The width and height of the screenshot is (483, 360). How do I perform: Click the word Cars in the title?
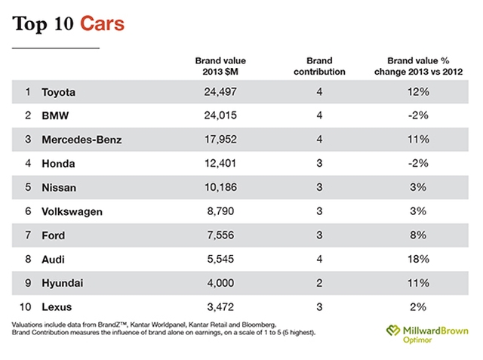tap(98, 25)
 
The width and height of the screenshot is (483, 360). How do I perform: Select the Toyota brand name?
tap(60, 92)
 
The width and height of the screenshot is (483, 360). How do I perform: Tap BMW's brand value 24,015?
tap(220, 116)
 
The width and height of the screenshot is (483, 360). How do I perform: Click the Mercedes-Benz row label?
tap(82, 140)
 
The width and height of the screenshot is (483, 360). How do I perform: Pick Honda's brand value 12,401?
tap(220, 164)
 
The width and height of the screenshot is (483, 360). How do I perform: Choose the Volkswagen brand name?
tap(72, 212)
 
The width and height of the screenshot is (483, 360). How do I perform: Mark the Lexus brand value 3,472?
tap(220, 307)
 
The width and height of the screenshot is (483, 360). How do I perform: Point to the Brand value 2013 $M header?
tap(220, 66)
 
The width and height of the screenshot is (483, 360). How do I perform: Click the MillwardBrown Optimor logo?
tap(426, 334)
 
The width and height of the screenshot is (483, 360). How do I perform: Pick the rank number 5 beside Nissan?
tap(28, 188)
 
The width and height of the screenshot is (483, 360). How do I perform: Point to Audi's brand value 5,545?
tap(220, 260)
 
